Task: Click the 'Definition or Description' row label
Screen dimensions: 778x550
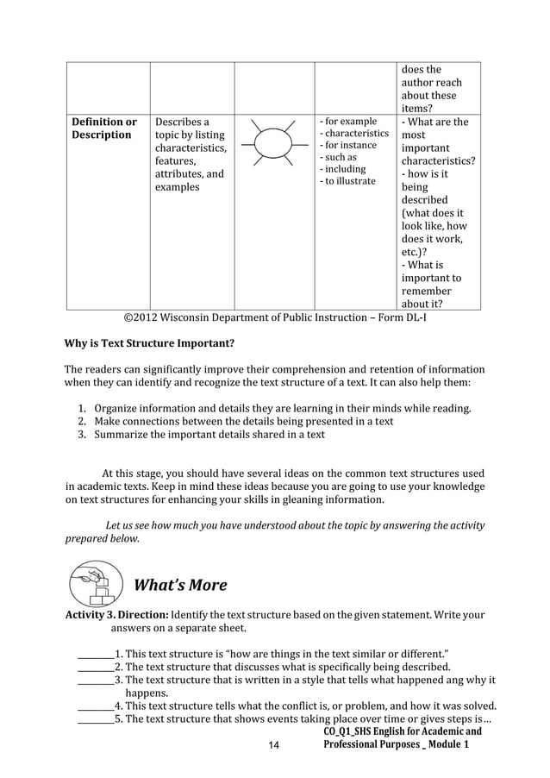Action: pos(103,129)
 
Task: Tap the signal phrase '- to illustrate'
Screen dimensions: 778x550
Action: pos(347,181)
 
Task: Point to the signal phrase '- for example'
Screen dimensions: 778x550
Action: pos(348,122)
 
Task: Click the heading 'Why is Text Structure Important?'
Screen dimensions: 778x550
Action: pos(150,343)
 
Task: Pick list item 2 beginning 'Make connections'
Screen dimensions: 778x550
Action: pos(243,422)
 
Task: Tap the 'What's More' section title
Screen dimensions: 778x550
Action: pos(180,586)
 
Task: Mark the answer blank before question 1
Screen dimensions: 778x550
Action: pos(95,655)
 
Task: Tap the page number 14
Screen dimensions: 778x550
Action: pos(274,744)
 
